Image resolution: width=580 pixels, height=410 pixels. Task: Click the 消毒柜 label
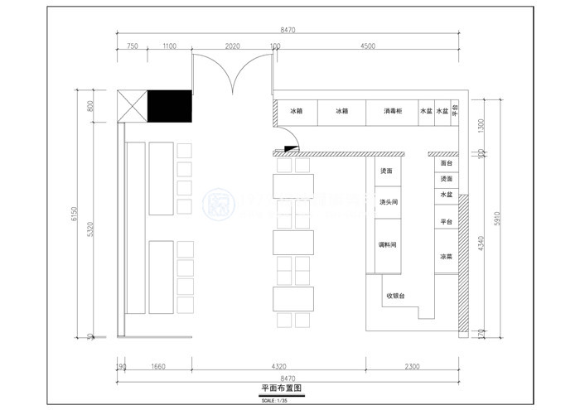pos(393,111)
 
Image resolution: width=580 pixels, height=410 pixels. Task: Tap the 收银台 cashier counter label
pos(394,296)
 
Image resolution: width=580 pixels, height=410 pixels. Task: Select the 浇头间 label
pos(389,202)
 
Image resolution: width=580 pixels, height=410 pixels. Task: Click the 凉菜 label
pos(446,257)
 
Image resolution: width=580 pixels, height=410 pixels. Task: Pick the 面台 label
pos(447,163)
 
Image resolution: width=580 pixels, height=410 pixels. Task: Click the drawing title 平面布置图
pos(279,388)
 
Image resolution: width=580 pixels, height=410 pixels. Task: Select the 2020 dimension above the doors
pos(232,46)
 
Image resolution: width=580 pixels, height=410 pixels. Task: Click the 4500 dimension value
pos(367,46)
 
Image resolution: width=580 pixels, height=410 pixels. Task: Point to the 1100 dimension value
pos(169,46)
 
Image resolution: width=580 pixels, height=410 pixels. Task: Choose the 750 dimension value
pos(132,46)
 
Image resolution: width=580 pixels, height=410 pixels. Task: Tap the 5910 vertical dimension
pos(497,217)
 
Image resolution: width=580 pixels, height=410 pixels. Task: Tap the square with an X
pos(133,105)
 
